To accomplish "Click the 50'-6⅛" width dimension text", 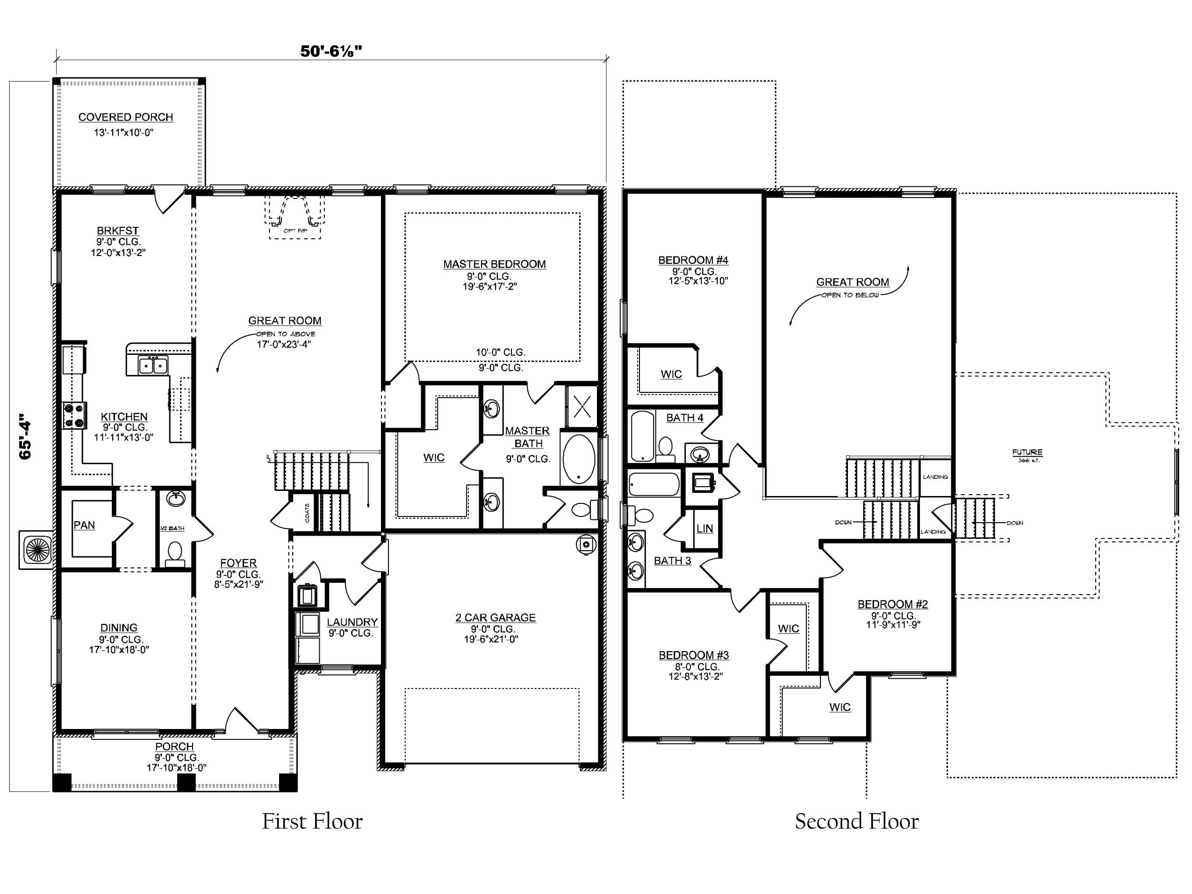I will (331, 51).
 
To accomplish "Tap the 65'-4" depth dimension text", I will (25, 436).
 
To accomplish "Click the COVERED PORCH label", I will (126, 117).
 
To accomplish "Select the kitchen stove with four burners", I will (74, 416).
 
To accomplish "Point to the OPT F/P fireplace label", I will (295, 230).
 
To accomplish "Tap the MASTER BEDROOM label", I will (494, 264).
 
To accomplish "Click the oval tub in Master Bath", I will (579, 459).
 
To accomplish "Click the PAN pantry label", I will (84, 525).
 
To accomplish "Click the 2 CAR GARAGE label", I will (495, 618).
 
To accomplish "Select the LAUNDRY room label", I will (352, 622).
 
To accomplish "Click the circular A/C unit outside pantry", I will (36, 550).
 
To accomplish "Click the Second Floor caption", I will (856, 822).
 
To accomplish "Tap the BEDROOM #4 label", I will (693, 260).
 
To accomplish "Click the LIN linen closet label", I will (704, 529).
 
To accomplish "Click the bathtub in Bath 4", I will (642, 436).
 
